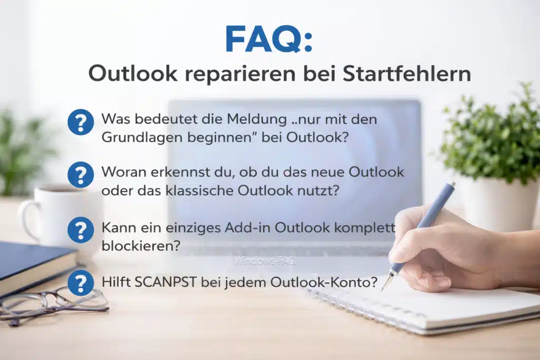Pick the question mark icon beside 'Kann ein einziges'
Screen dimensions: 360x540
[81, 230]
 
